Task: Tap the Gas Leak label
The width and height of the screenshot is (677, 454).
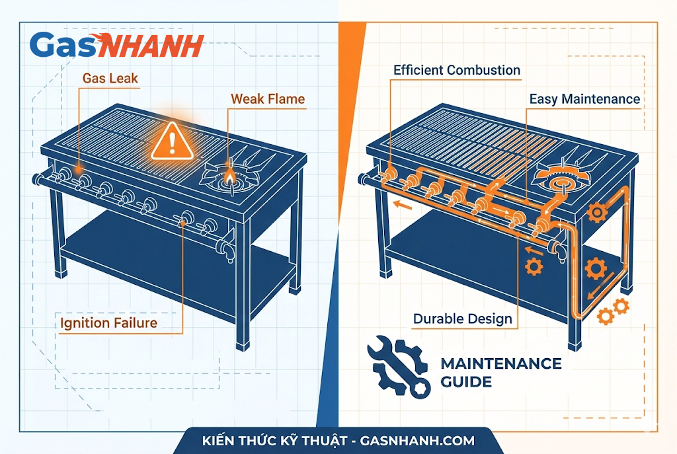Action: [x=110, y=78]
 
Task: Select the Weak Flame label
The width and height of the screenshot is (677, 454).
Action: [x=268, y=99]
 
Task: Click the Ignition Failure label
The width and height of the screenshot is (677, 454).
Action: [x=109, y=323]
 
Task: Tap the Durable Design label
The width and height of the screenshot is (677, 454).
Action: [x=462, y=319]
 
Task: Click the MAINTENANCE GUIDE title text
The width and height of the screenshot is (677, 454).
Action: [x=500, y=372]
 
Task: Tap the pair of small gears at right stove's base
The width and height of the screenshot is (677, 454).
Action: [x=612, y=311]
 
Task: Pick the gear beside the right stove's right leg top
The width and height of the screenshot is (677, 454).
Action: [x=596, y=212]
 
